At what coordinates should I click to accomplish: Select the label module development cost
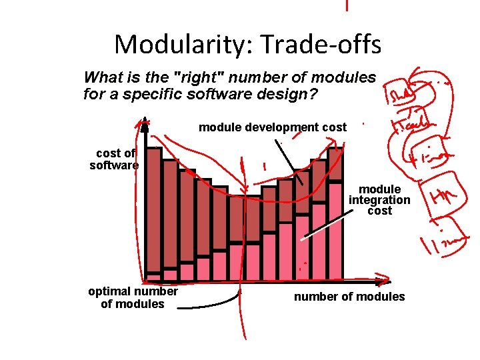click(x=273, y=127)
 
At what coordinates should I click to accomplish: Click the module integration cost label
click(x=379, y=200)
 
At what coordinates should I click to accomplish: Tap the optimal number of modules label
click(x=133, y=297)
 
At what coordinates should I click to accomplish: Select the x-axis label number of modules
click(x=349, y=297)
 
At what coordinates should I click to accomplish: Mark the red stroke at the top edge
click(x=346, y=5)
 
